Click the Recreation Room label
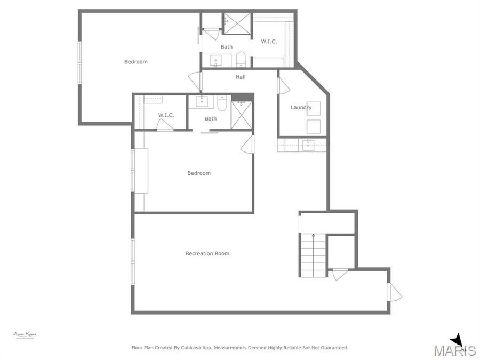(207, 253)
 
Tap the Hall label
(241, 77)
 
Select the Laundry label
(301, 107)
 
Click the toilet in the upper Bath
(240, 59)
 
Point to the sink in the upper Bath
(216, 60)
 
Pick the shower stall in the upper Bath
(237, 24)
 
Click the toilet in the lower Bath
(222, 102)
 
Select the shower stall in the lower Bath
(241, 115)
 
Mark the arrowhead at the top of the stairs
(313, 235)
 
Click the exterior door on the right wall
(395, 292)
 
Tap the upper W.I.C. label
(269, 42)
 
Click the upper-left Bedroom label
(136, 62)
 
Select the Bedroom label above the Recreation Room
(198, 173)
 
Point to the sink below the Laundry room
(308, 145)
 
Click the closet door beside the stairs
(339, 274)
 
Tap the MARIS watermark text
(454, 350)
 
